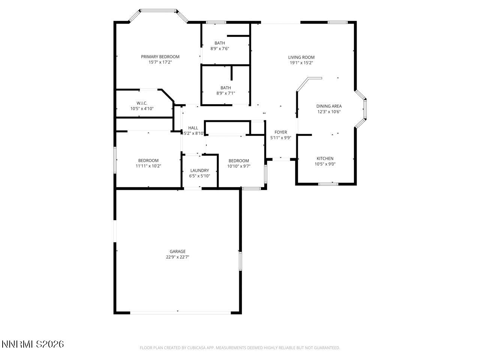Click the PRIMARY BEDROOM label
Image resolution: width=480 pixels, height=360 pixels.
pyautogui.click(x=160, y=57)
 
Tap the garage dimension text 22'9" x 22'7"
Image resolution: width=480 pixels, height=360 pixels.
pyautogui.click(x=177, y=257)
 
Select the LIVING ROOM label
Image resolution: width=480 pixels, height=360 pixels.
pyautogui.click(x=301, y=57)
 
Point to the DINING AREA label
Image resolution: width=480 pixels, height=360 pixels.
pyautogui.click(x=329, y=106)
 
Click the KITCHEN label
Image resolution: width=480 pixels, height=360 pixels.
pyautogui.click(x=325, y=159)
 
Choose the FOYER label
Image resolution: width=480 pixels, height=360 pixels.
pyautogui.click(x=280, y=132)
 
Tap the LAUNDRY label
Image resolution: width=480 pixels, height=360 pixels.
pyautogui.click(x=199, y=170)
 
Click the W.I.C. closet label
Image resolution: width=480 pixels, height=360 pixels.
pyautogui.click(x=142, y=103)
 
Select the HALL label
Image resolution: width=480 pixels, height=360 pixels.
pyautogui.click(x=193, y=128)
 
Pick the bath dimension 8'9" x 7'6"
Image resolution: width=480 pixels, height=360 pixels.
pyautogui.click(x=220, y=48)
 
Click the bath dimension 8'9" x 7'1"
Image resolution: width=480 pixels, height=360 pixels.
pyautogui.click(x=226, y=93)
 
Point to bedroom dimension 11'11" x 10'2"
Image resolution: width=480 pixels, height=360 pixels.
pyautogui.click(x=148, y=166)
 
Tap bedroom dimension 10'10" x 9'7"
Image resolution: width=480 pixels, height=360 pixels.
pyautogui.click(x=238, y=166)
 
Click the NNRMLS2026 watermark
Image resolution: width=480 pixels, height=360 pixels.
pyautogui.click(x=33, y=344)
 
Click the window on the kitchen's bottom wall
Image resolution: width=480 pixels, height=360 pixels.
pyautogui.click(x=328, y=184)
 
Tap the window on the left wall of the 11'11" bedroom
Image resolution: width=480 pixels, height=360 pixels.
pyautogui.click(x=115, y=160)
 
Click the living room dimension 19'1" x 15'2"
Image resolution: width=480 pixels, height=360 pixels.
pyautogui.click(x=301, y=63)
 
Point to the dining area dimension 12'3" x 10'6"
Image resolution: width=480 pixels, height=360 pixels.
pyautogui.click(x=329, y=111)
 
